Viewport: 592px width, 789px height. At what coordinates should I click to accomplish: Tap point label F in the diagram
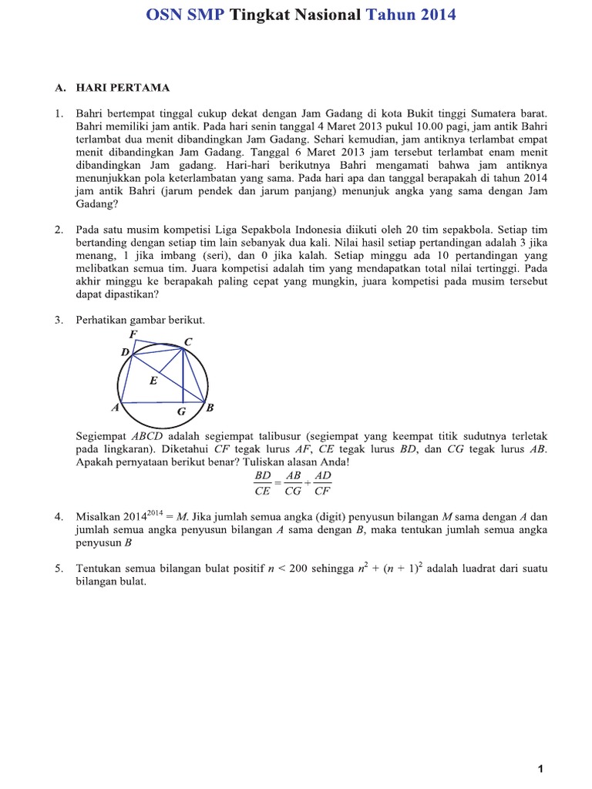click(x=133, y=334)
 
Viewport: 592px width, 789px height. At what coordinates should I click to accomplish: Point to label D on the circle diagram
click(x=125, y=352)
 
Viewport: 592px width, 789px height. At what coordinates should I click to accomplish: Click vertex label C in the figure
click(x=188, y=341)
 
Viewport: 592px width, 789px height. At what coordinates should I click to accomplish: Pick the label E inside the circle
click(x=153, y=381)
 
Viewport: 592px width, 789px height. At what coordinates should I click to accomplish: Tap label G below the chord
click(x=181, y=412)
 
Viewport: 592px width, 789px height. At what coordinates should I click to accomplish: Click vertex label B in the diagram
click(x=210, y=407)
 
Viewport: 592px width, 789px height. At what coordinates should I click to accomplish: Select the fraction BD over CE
click(x=264, y=483)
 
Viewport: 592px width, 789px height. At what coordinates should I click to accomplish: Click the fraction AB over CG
click(x=293, y=483)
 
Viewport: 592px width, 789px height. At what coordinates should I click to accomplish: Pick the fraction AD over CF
click(x=322, y=483)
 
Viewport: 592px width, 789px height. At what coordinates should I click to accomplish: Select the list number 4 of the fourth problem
click(x=58, y=516)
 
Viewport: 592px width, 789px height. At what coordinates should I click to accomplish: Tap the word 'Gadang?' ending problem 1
click(x=96, y=204)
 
